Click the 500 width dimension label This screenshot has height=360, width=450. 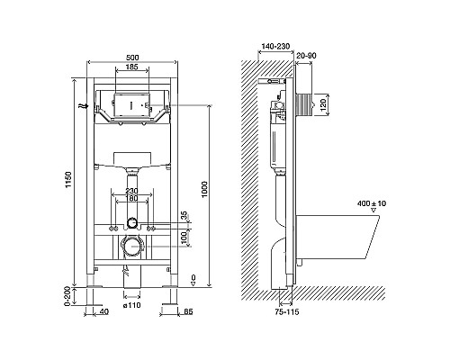point(131,58)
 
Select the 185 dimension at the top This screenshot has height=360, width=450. point(131,67)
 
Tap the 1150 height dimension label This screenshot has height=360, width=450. point(69,180)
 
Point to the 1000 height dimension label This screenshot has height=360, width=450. point(204,189)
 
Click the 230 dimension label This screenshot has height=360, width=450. point(131,191)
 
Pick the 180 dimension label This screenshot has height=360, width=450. point(131,198)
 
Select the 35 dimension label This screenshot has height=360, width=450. point(184,215)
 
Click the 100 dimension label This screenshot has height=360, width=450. point(184,237)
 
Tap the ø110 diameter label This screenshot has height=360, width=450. point(132,305)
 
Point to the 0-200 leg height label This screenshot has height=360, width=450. point(67,296)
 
